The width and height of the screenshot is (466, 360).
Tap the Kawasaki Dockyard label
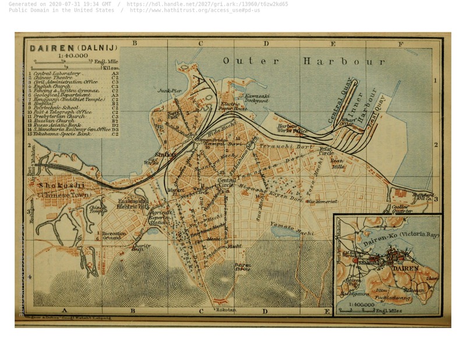(x=256, y=98)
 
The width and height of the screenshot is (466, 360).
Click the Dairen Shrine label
(x=242, y=267)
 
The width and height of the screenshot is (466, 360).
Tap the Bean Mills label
(x=338, y=163)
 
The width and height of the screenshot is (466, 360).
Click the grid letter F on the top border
(x=401, y=44)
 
